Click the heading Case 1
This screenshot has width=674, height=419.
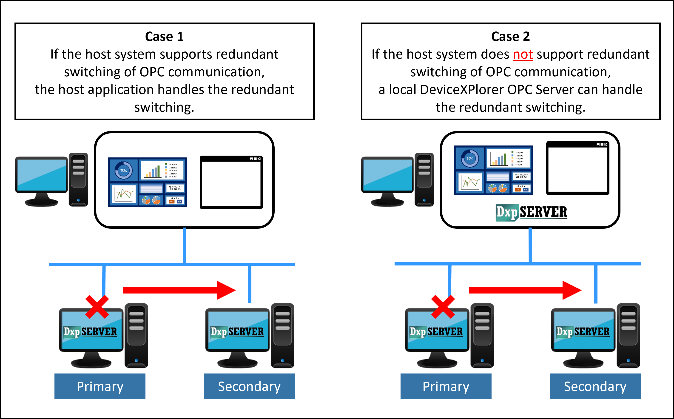coord(164,37)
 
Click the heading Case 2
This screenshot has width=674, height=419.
coord(510,37)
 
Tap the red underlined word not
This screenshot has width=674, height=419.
coord(523,54)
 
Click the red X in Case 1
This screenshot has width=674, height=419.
coord(97,306)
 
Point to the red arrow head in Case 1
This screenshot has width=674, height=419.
coord(226,290)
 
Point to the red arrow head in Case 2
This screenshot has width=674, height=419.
coord(572,290)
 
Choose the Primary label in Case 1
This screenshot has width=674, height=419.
coord(100,386)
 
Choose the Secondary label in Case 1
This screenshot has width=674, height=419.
coord(249,386)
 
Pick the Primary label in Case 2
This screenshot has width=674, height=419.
coord(446,386)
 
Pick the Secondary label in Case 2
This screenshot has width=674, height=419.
coord(595,386)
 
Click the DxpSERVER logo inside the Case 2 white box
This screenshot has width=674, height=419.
coord(531,213)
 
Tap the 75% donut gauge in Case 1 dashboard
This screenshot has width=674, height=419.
coord(124,170)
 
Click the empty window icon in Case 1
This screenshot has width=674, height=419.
coord(231,182)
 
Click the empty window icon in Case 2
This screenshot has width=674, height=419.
coord(577,168)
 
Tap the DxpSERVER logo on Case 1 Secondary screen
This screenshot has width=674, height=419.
coord(237,332)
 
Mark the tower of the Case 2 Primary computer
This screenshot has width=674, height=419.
coord(482,335)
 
